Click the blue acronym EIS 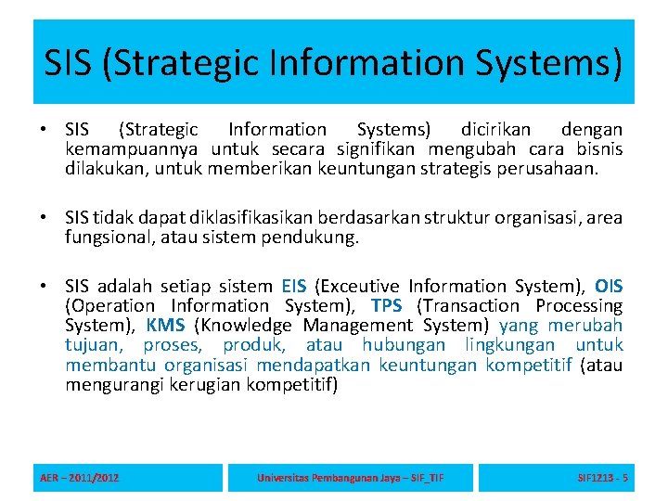point(295,287)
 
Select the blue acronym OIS point(609,287)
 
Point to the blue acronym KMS point(165,326)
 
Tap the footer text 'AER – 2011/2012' point(80,478)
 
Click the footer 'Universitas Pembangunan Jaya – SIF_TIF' point(350,478)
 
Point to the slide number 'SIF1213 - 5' point(602,478)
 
